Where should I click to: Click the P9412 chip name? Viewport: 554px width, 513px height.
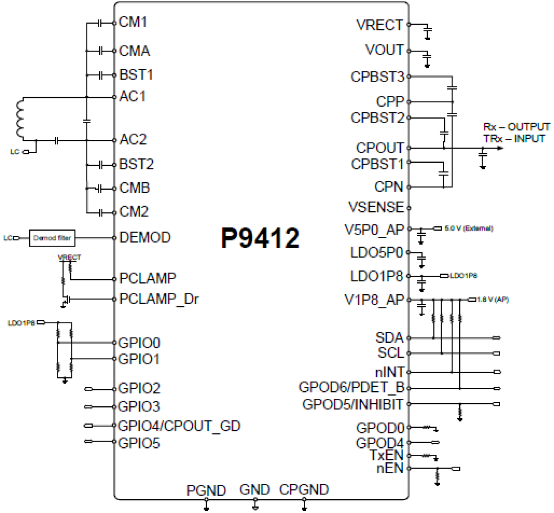point(260,238)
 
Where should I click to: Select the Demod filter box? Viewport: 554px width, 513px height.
point(52,238)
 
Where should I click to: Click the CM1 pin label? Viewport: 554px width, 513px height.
point(133,22)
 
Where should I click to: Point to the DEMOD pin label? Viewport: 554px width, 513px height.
point(145,238)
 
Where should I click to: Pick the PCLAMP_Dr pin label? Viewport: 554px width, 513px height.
point(159,299)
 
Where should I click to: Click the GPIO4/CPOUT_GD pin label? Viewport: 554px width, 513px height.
point(179,426)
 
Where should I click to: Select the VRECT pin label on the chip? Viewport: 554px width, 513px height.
point(379,25)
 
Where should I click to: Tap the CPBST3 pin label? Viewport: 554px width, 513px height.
point(377,77)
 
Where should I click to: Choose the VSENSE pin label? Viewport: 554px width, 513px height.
point(376,207)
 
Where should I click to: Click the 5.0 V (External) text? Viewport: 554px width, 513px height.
point(468,228)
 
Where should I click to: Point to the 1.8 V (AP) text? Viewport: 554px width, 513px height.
point(493,300)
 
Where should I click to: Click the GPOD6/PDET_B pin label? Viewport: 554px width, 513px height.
point(352,388)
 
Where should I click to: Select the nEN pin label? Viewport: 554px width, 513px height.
point(390,468)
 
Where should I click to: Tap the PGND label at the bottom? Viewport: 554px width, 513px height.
point(206,491)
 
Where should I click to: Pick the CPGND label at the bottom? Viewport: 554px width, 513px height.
point(304,490)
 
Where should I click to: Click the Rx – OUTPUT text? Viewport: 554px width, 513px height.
point(517,127)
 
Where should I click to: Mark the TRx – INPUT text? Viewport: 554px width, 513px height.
point(514,139)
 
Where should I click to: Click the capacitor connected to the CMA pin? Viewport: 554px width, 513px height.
point(101,51)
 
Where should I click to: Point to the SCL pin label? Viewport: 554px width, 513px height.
point(390,353)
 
